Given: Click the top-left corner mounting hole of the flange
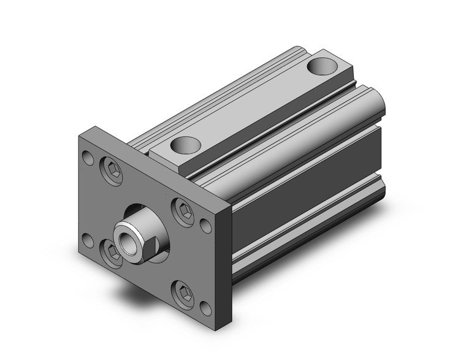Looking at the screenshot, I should (90, 158).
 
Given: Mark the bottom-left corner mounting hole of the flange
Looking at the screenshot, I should (88, 240).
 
